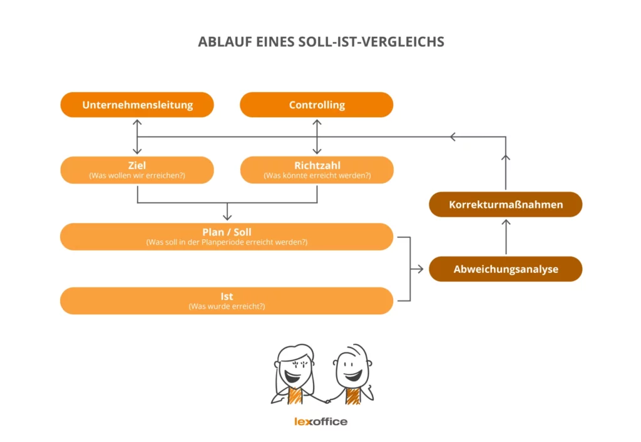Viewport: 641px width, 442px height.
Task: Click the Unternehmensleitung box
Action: (137, 105)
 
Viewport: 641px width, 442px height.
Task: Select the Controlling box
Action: (317, 105)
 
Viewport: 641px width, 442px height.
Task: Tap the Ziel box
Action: (137, 170)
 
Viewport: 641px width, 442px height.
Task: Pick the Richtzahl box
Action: (317, 170)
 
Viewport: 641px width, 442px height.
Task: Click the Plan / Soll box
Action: (227, 237)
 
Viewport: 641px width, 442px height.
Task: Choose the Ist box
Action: (227, 301)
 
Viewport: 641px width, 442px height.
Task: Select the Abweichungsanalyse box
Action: (506, 269)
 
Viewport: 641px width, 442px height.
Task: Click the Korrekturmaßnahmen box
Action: (506, 205)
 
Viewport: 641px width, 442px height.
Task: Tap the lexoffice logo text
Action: (320, 421)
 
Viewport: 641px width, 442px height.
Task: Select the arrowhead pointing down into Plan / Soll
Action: (227, 216)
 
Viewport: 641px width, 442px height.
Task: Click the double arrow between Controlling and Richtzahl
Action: (317, 136)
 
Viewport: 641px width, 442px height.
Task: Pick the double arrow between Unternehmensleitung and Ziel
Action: (137, 136)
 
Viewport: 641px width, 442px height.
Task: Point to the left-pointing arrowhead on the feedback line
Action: (454, 137)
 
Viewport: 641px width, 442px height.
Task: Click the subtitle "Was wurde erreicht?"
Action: (227, 307)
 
